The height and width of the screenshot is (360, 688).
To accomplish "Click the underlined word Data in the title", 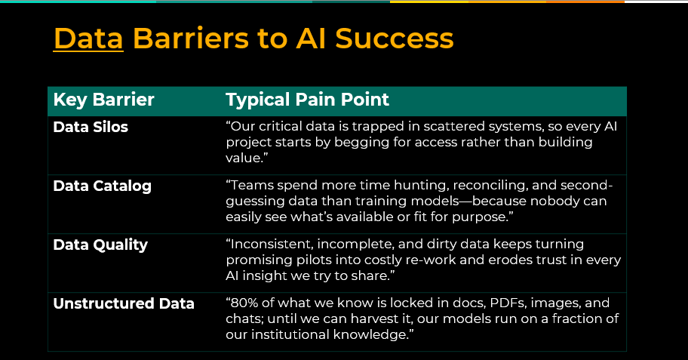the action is (x=88, y=38).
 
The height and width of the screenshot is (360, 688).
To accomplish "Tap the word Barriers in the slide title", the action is (x=191, y=38).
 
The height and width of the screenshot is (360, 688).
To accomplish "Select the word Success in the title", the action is (x=394, y=38).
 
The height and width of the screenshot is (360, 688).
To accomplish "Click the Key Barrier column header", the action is (x=103, y=100).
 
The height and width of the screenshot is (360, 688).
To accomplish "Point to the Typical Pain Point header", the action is (x=307, y=100).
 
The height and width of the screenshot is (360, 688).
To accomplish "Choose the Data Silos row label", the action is (x=91, y=127).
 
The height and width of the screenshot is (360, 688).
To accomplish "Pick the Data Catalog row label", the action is (x=103, y=186).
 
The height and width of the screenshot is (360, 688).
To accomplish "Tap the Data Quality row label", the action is (x=100, y=245).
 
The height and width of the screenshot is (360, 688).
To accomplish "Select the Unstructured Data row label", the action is (x=124, y=303).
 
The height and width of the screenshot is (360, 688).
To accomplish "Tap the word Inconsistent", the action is (x=270, y=244).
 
